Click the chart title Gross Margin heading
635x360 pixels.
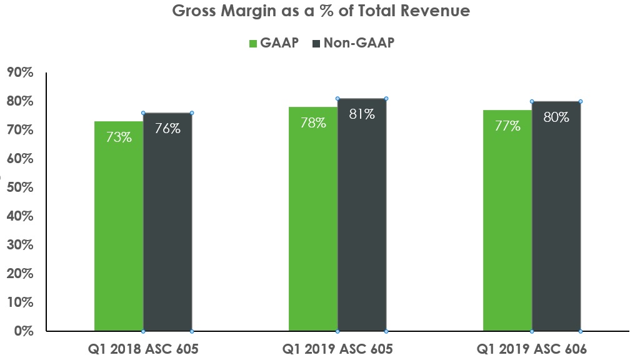321,11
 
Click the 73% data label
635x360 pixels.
119,137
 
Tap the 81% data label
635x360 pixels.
362,114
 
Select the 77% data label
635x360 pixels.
507,126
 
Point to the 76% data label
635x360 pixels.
167,129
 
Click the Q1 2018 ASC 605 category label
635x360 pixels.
143,349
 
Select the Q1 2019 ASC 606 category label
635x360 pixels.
532,349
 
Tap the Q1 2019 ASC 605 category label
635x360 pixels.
337,349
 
